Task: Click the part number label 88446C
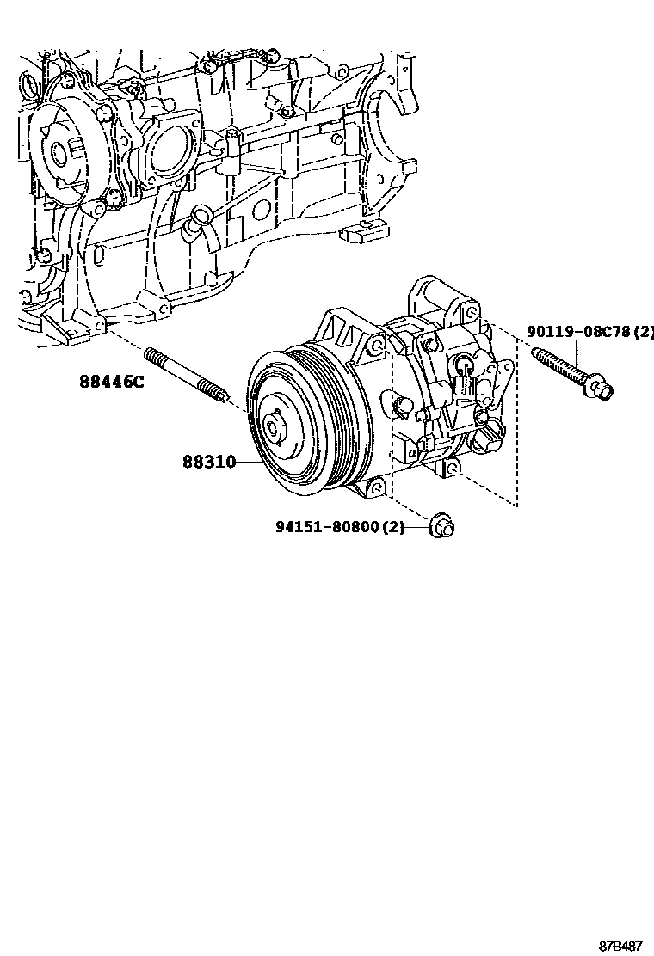pyautogui.click(x=112, y=383)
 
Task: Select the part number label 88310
pyautogui.click(x=209, y=462)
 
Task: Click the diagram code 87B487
pyautogui.click(x=620, y=947)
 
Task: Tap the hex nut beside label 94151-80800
pyautogui.click(x=441, y=526)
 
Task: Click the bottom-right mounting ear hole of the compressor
pyautogui.click(x=452, y=468)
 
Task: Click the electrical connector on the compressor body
pyautogui.click(x=464, y=383)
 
